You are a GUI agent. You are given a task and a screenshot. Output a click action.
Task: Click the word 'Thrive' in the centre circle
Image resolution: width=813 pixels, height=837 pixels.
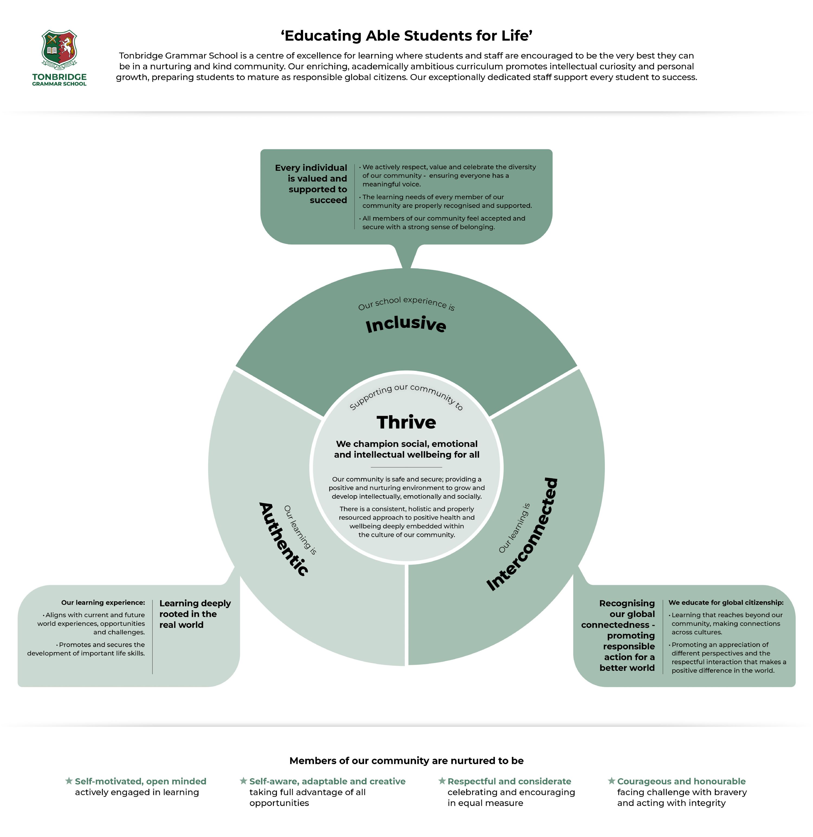click(x=406, y=422)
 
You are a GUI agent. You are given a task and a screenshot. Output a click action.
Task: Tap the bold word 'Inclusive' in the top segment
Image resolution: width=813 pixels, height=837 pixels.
click(x=406, y=324)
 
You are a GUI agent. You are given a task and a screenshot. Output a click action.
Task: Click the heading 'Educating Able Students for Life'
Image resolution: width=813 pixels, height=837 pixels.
click(x=406, y=36)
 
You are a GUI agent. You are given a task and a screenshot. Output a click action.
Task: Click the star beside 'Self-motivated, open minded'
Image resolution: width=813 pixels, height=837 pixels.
click(x=69, y=781)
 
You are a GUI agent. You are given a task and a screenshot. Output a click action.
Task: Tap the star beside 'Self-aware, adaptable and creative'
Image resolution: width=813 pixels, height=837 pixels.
click(x=243, y=781)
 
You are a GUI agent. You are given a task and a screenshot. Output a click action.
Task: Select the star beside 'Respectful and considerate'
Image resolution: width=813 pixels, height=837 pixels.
click(x=442, y=781)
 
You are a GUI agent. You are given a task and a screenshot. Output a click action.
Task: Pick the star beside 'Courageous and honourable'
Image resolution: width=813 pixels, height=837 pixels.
click(x=611, y=781)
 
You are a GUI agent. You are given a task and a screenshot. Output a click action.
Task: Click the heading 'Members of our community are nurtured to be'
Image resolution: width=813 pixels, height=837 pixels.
click(x=406, y=761)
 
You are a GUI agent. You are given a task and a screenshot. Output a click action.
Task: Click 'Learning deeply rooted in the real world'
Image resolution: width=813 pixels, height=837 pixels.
click(x=195, y=614)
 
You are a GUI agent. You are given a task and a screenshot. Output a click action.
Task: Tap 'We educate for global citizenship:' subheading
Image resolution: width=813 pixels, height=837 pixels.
click(x=726, y=603)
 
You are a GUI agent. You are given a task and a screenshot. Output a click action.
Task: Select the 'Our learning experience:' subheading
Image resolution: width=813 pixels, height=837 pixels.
click(x=103, y=603)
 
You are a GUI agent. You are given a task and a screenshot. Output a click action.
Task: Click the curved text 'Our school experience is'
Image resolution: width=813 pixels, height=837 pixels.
click(x=406, y=302)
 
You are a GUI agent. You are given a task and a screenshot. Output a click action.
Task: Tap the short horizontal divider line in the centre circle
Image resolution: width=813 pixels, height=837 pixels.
click(x=406, y=467)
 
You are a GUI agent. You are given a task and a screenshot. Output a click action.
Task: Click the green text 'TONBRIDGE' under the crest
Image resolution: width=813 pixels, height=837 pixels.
click(x=59, y=77)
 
